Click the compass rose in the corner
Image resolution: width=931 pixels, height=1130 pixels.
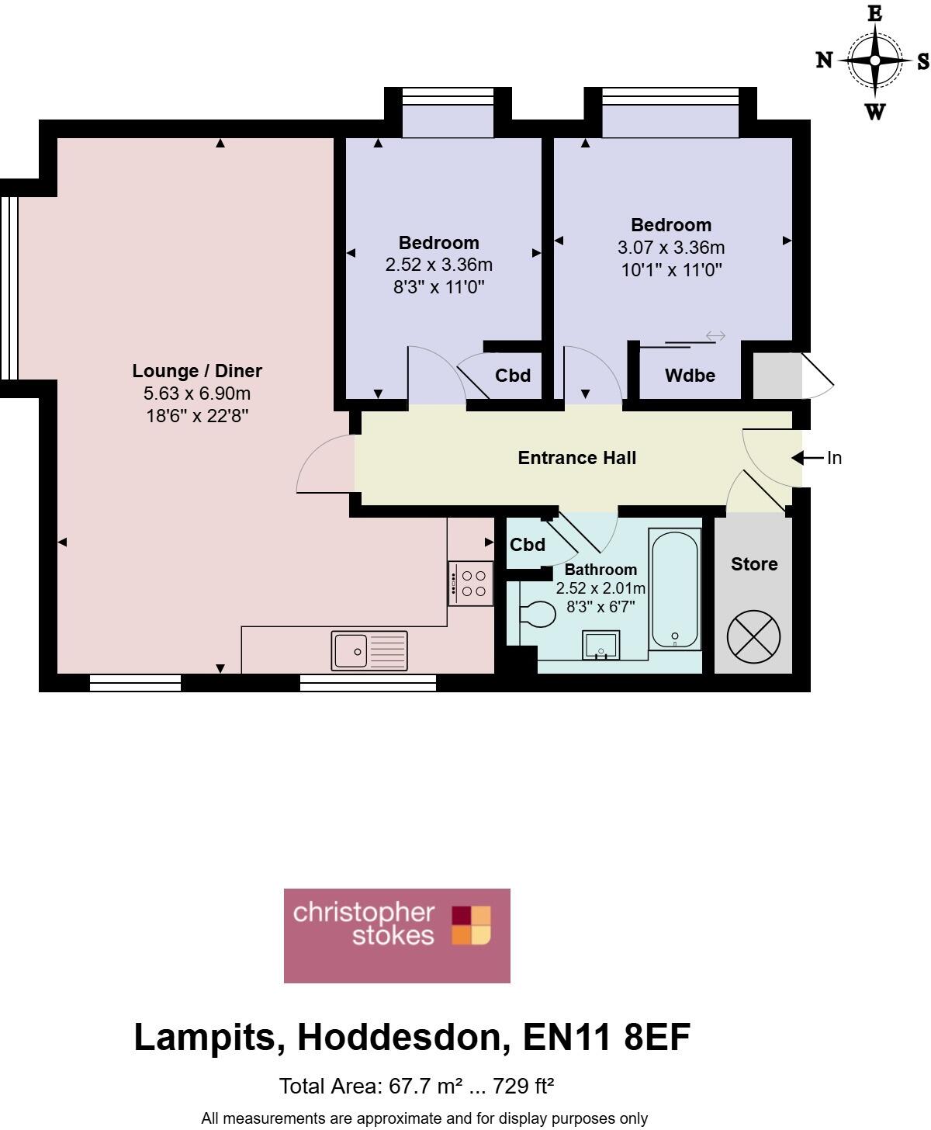point(874,61)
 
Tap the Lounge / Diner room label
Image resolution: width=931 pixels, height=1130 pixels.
point(197,371)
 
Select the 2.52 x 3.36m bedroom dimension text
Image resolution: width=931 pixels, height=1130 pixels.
point(438,265)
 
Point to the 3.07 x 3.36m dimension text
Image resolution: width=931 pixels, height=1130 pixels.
point(670,248)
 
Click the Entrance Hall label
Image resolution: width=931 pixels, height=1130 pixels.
point(576,458)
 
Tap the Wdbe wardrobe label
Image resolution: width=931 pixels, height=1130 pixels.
point(690,376)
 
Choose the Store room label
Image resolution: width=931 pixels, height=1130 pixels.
point(753,564)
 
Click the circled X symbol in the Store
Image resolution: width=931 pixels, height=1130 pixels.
point(753,637)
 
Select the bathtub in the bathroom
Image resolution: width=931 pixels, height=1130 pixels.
point(674,590)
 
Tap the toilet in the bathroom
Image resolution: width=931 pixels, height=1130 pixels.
point(537,615)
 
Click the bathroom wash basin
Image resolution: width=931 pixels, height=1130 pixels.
point(600,645)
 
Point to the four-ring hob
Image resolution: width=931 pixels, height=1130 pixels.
point(471,584)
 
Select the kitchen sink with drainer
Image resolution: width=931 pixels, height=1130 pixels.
point(369,650)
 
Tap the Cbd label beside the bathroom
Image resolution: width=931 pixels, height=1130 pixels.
point(528,545)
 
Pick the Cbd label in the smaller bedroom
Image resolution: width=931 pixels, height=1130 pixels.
point(513,376)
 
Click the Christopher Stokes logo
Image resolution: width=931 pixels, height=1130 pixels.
point(397,935)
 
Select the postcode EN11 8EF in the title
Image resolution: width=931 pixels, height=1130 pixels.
point(606,1038)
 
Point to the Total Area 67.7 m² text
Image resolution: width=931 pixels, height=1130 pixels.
point(416,1086)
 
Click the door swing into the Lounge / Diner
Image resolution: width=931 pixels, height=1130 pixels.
point(324,464)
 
